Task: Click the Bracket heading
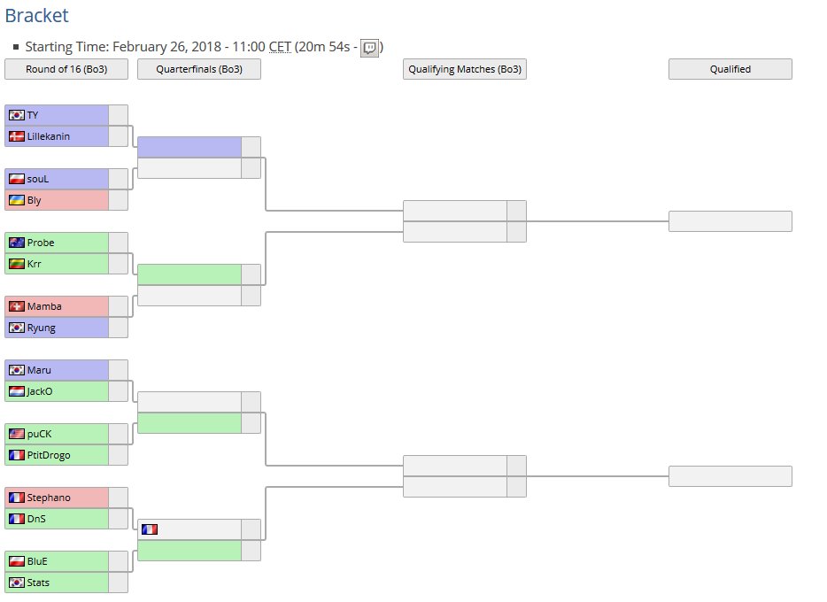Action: point(36,15)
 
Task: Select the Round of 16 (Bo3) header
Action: point(66,69)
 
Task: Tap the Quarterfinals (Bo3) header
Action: point(199,69)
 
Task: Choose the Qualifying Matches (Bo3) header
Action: point(465,69)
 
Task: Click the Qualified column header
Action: point(730,69)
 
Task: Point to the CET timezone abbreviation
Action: point(280,47)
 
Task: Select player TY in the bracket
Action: point(33,115)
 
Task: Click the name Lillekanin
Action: point(48,136)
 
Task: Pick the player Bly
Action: point(35,200)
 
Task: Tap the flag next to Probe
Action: point(16,243)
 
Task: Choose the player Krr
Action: point(35,264)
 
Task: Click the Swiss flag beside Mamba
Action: point(16,306)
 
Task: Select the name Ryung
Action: point(41,328)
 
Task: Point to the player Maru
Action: point(39,370)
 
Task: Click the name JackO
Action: point(41,391)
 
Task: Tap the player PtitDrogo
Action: point(49,455)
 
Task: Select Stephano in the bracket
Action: point(49,498)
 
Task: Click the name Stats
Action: point(38,583)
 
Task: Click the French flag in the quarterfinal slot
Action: point(149,529)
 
